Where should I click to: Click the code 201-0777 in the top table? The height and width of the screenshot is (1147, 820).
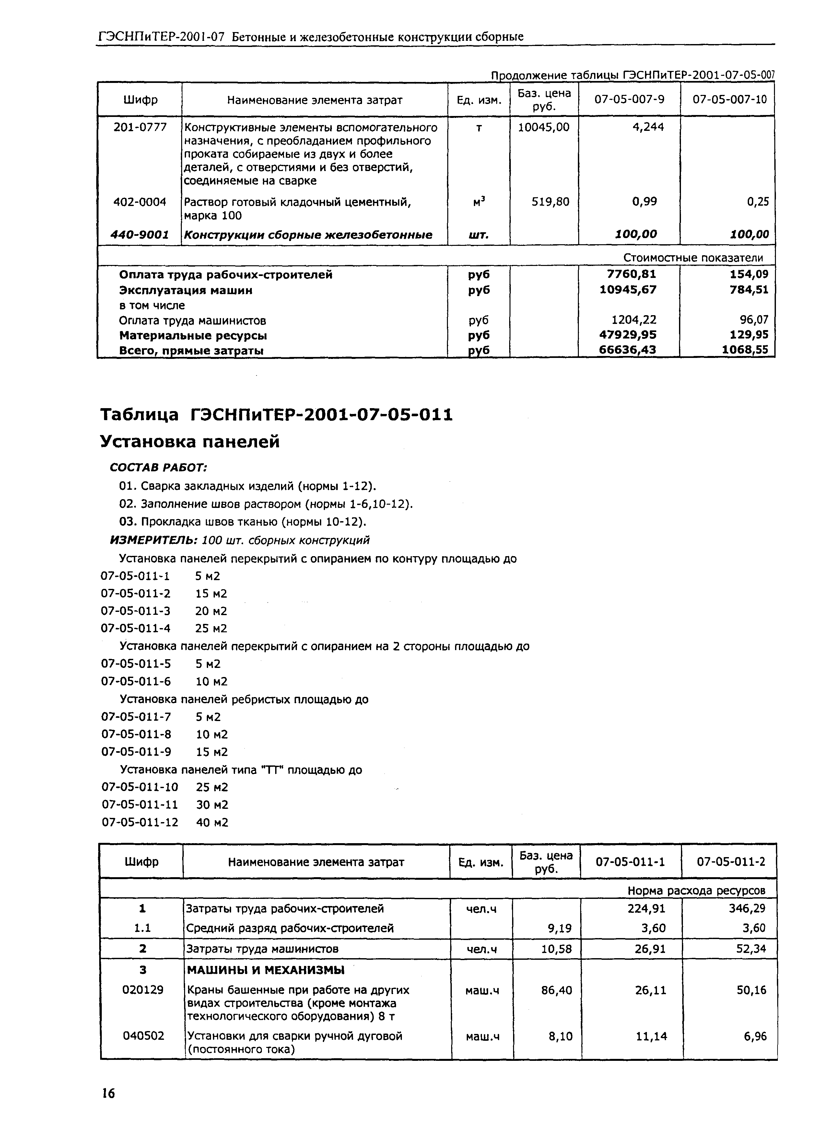coord(140,127)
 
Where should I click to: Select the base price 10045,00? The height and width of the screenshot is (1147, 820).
coord(544,127)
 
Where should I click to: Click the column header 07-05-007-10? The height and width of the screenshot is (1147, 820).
coord(729,100)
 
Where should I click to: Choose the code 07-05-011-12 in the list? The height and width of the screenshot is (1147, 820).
coord(140,822)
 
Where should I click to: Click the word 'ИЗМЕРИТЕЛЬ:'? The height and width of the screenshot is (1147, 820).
coord(154,540)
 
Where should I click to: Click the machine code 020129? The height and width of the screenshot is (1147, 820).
coord(143,990)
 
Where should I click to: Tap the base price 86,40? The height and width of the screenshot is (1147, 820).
coord(556,990)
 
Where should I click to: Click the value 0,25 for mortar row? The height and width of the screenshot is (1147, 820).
coord(758,202)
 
